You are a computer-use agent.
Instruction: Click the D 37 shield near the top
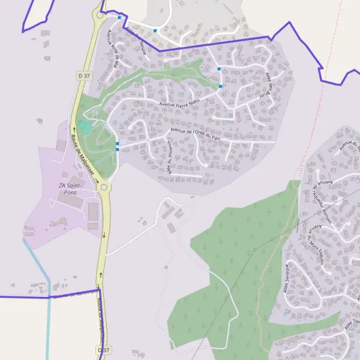(x=83, y=75)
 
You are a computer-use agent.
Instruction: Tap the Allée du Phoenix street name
(x=170, y=158)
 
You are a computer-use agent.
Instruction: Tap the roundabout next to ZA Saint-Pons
(x=104, y=188)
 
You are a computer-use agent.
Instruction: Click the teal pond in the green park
(x=85, y=127)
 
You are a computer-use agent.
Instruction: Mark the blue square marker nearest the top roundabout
(x=119, y=17)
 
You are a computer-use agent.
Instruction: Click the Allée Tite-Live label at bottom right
(x=352, y=328)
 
